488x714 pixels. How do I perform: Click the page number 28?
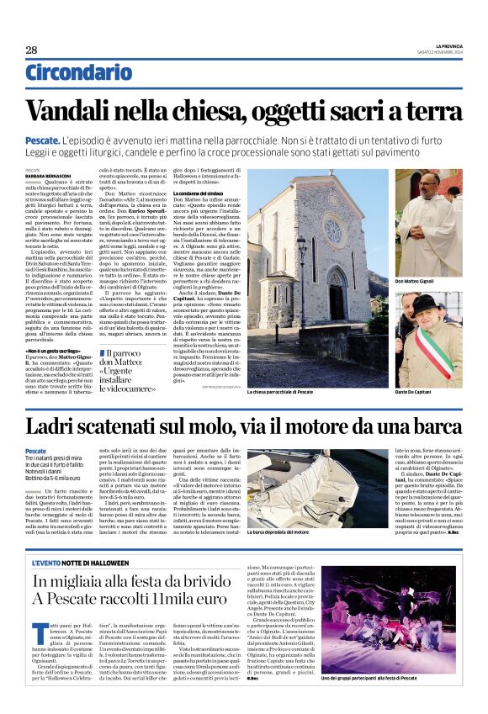click(31, 50)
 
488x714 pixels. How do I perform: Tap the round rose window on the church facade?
click(332, 230)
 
